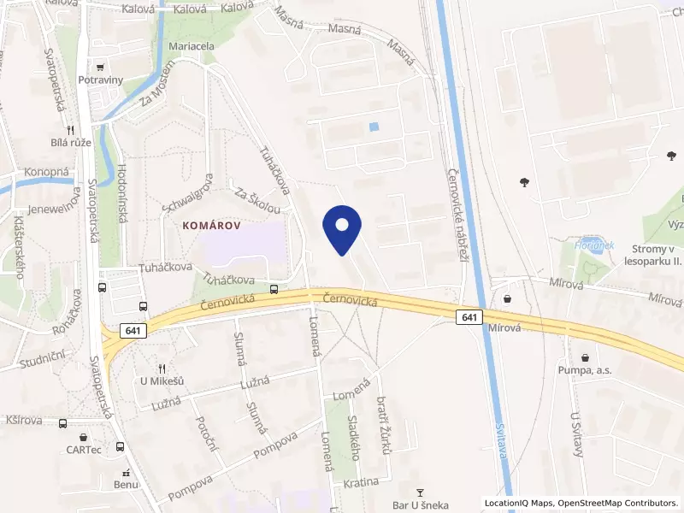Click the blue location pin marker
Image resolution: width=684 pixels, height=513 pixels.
[x=342, y=229]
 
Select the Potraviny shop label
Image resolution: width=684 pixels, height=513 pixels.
[x=124, y=80]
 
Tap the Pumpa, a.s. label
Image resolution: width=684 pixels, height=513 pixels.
[x=586, y=371]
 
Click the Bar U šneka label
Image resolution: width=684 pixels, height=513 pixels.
[x=420, y=505]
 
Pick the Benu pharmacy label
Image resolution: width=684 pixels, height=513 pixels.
[x=126, y=485]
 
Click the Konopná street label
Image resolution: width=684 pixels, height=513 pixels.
[x=46, y=172]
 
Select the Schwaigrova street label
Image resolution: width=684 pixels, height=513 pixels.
[x=186, y=193]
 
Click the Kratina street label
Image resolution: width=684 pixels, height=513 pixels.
[x=360, y=482]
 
